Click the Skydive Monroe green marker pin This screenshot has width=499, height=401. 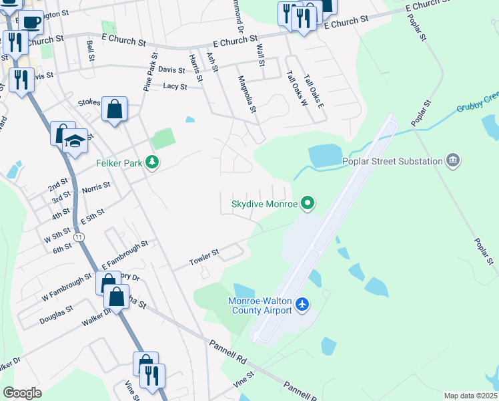coord(307,203)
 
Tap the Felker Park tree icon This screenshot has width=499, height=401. coord(153,162)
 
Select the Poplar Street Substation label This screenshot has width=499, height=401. coord(392,161)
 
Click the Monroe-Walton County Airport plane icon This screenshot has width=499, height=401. coord(302,305)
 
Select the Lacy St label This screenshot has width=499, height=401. coord(175,86)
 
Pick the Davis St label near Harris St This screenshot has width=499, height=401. coord(171,70)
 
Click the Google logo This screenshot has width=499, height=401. coord(22,393)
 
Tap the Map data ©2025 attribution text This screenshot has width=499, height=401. coord(470,396)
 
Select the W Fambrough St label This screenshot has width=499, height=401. coord(65,288)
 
